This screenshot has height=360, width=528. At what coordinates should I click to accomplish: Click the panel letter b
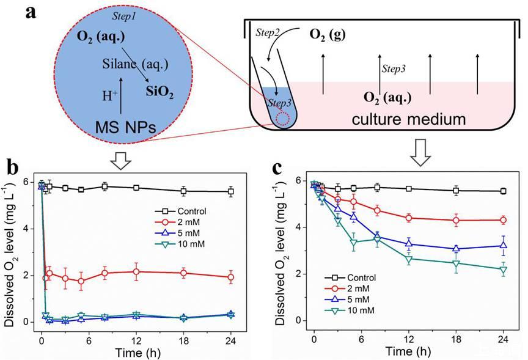click(x=15, y=167)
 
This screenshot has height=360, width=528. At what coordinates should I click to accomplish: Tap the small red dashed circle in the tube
click(x=282, y=117)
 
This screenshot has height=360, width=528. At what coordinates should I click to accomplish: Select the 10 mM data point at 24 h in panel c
click(x=502, y=270)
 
